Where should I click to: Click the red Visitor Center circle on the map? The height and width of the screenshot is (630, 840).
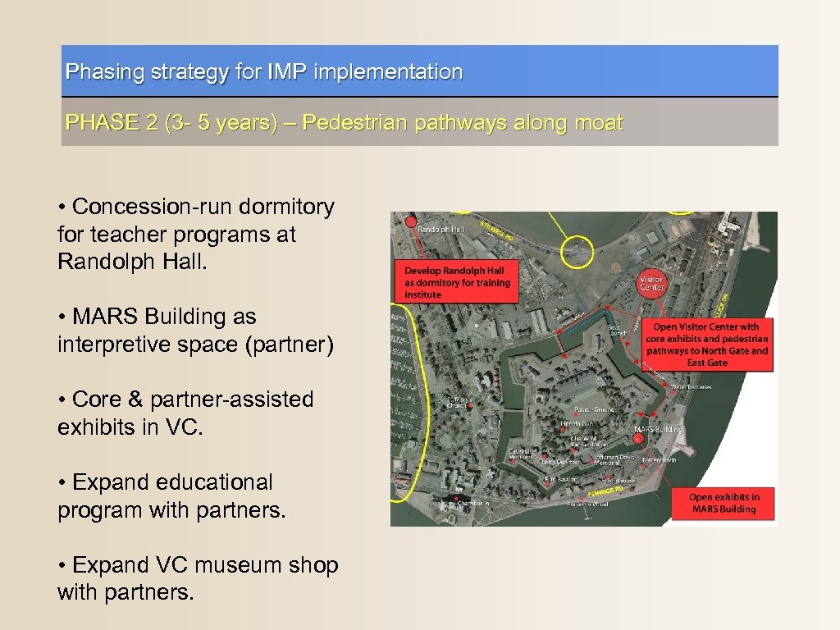(x=652, y=282)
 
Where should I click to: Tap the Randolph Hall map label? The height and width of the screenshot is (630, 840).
(x=441, y=230)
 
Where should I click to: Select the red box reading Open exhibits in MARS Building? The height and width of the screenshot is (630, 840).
(x=723, y=503)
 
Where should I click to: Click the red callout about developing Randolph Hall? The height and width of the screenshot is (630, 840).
(x=456, y=282)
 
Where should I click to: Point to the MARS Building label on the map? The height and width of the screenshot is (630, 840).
(x=658, y=429)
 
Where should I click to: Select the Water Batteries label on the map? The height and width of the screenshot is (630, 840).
(x=690, y=386)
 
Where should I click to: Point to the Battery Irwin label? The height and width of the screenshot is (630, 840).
(x=659, y=460)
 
